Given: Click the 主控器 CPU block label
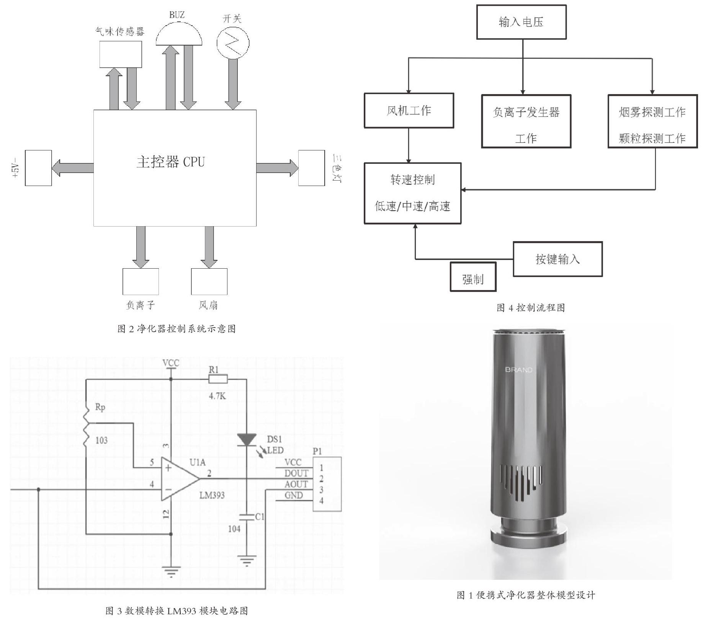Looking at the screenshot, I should [x=171, y=162].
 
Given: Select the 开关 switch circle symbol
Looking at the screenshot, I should [x=233, y=43].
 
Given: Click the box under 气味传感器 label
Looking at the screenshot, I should [x=121, y=54].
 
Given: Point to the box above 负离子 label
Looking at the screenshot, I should [x=141, y=281].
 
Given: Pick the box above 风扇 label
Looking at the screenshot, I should [x=209, y=281].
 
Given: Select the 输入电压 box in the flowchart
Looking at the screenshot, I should [x=521, y=22].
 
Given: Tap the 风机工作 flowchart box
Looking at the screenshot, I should [x=409, y=111].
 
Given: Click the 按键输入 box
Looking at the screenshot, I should [x=557, y=259].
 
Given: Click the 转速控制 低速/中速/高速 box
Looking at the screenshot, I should [x=412, y=193].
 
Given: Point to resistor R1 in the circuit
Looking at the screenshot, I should [x=218, y=379].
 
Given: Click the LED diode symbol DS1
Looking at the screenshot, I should [x=247, y=440].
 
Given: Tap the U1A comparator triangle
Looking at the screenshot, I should [x=178, y=479].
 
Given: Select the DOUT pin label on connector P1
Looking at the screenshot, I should [x=296, y=473].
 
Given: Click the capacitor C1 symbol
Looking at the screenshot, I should [x=247, y=517].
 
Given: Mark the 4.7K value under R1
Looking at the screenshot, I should [x=217, y=396].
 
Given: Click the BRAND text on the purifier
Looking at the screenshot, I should [x=518, y=370].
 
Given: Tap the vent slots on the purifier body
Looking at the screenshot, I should [x=521, y=482].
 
